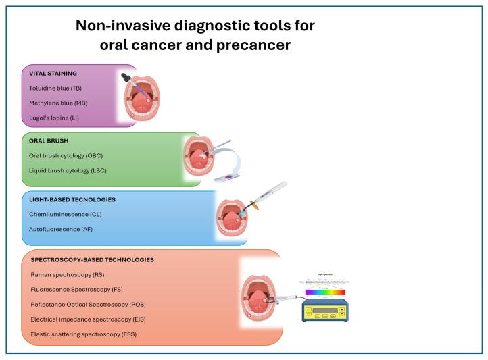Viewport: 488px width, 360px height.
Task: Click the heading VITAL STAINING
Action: (x=53, y=73)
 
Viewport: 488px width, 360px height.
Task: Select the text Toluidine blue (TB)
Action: (x=57, y=88)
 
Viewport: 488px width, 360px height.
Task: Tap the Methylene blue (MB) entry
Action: (x=58, y=103)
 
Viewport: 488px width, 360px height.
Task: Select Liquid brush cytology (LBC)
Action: (x=68, y=170)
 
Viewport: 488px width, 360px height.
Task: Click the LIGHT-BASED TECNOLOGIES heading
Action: (x=72, y=200)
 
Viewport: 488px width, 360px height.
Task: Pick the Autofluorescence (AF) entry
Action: (x=61, y=230)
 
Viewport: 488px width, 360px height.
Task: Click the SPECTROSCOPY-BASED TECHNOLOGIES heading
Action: (x=92, y=259)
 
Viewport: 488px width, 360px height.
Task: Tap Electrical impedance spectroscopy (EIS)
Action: (x=88, y=319)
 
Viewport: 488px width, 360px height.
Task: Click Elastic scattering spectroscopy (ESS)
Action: (x=83, y=334)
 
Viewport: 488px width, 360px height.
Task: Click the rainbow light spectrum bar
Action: (x=324, y=292)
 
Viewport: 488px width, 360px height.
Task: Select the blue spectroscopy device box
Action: (x=324, y=311)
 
